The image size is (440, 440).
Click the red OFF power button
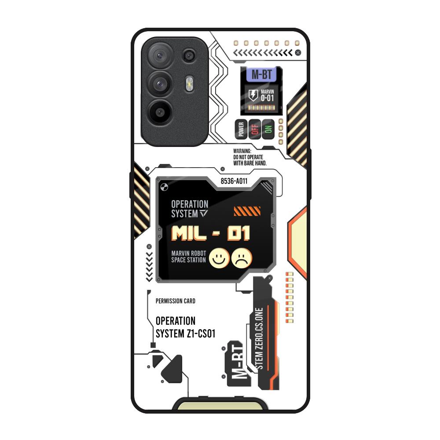point(254,129)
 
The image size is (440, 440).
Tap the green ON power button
point(268,129)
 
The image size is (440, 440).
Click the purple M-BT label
point(261,75)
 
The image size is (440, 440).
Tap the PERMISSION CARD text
point(176,301)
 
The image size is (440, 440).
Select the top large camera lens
point(158,55)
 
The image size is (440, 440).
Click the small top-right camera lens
point(190,55)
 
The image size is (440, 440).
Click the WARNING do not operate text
point(249,157)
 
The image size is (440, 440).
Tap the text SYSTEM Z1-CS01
point(185,334)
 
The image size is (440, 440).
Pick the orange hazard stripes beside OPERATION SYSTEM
point(244,211)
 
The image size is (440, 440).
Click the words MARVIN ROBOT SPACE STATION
point(188,257)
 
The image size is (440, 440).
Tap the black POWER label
point(241,129)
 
